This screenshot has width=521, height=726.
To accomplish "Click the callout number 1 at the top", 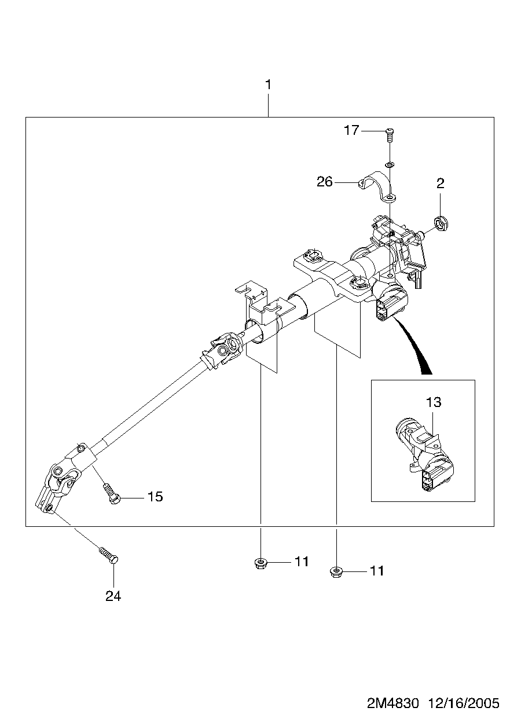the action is point(268,85).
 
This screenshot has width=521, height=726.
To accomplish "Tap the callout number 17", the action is point(351,131).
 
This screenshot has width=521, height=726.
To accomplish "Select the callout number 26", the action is point(325,182).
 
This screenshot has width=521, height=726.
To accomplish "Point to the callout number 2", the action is point(441,184).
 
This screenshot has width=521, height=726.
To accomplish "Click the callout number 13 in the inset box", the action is point(434,402).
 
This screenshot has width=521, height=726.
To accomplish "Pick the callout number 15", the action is point(155,497).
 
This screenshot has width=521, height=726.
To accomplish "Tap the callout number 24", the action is point(113,596).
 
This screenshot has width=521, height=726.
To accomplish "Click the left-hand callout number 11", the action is point(302,562).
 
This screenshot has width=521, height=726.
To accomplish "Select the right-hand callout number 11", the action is point(377,571).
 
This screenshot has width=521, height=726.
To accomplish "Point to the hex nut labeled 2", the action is point(441,223).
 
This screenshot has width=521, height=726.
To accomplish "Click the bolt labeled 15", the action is point(112,494).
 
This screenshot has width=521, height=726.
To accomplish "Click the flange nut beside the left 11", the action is point(260,563).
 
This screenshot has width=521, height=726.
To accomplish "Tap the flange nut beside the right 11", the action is point(336,572).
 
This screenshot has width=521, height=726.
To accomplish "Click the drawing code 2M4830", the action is point(392,712).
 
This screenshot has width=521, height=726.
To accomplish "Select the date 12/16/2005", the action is point(464,712).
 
